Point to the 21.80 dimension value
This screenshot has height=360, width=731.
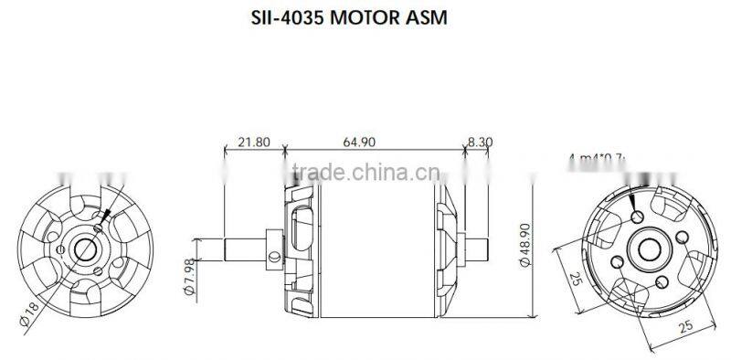[x=253, y=143]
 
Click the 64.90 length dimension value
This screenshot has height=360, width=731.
[x=360, y=143]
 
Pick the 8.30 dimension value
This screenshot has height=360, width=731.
[x=480, y=143]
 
